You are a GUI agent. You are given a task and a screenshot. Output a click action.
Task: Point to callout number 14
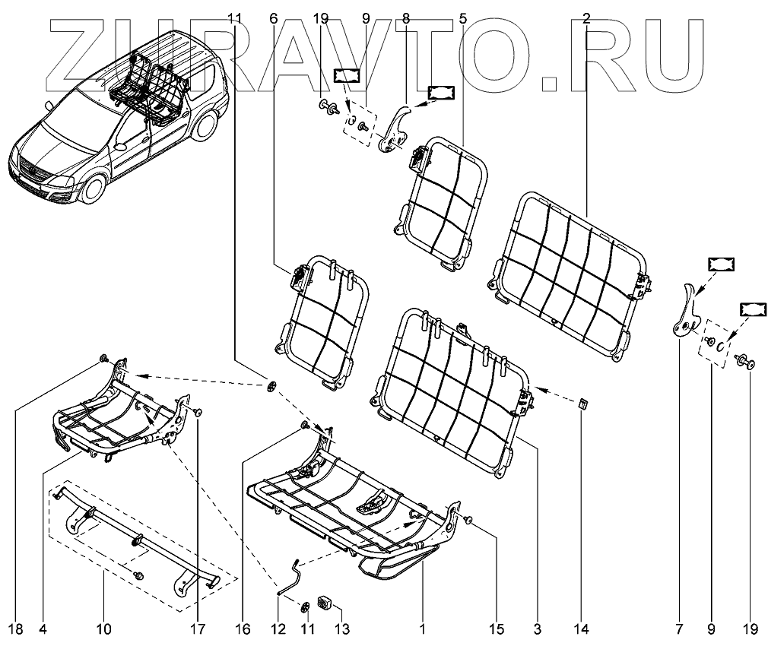pos(582,629)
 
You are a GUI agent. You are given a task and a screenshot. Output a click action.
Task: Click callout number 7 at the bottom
pos(678,629)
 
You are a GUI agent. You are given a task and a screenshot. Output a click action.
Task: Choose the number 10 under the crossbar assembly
pos(103,629)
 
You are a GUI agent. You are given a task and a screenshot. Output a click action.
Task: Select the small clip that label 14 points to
pos(583,403)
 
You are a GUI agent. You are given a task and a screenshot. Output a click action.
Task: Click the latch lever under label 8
pos(395,128)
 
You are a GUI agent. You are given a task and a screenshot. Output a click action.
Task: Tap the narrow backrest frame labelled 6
pos(319,319)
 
